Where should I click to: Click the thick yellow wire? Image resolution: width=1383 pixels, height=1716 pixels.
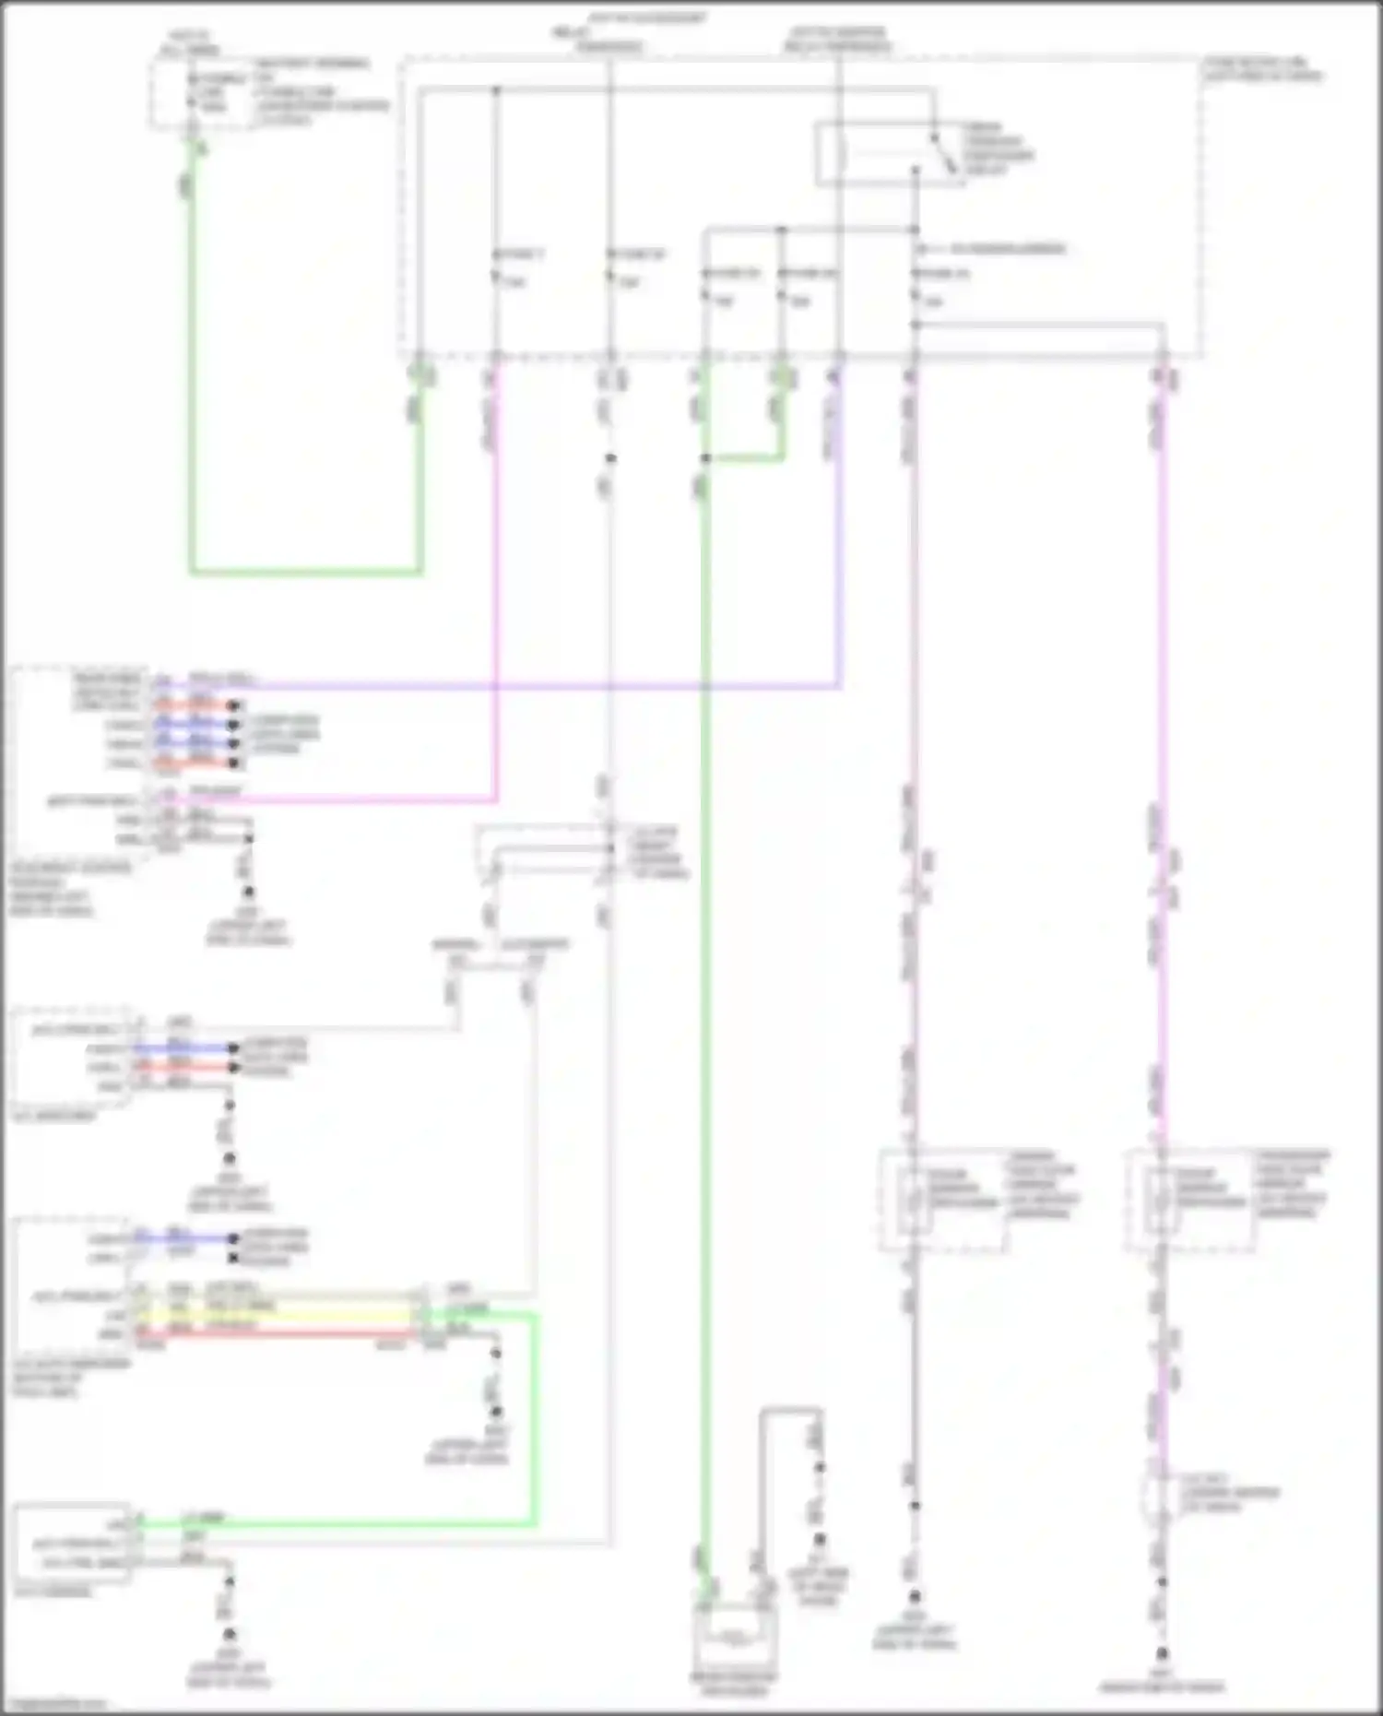277,1314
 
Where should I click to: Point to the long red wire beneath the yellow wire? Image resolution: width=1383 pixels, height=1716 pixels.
277,1333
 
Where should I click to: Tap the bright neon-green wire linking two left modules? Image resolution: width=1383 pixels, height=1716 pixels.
534,1420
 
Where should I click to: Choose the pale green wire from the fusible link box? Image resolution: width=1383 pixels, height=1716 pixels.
192,369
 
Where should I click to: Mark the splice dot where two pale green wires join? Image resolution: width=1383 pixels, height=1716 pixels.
705,458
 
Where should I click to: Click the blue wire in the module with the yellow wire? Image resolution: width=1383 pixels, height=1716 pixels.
184,1237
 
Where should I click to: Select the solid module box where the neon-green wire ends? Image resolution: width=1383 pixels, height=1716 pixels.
72,1544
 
